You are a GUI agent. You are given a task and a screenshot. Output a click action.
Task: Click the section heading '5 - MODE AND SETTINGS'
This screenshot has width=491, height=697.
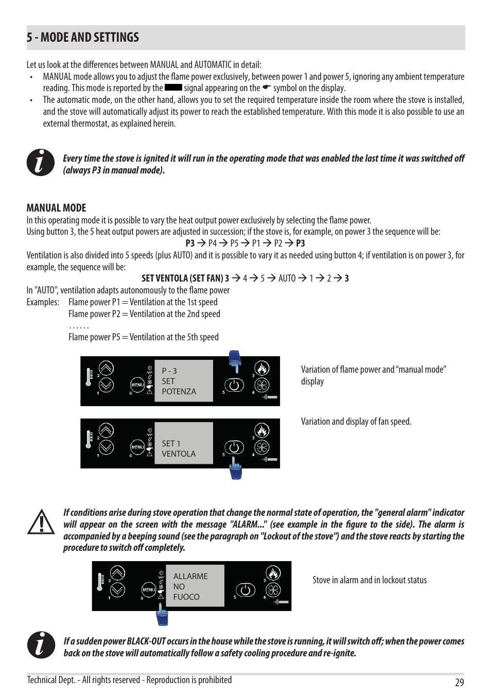83,38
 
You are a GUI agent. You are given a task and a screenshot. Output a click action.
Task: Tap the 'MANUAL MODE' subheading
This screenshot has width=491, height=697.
56,208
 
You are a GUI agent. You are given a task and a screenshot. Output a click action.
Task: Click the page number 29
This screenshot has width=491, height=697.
459,683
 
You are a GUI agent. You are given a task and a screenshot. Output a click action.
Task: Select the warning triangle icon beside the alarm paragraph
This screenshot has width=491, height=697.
41,522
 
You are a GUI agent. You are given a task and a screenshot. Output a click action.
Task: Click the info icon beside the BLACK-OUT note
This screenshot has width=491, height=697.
41,645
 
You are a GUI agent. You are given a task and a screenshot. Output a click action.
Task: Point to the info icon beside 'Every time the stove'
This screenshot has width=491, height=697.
41,163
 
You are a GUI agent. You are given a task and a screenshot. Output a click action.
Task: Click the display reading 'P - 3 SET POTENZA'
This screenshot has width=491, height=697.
183,381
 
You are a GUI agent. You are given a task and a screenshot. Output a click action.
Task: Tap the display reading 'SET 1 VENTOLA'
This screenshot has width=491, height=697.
183,443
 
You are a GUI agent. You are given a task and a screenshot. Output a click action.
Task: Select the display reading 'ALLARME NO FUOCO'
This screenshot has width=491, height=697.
195,586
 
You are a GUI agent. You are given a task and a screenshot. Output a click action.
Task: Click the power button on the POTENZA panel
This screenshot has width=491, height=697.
234,385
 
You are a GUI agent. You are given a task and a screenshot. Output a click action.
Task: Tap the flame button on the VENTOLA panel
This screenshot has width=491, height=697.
262,430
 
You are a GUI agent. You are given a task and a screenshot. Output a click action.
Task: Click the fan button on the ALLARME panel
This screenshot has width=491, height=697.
273,590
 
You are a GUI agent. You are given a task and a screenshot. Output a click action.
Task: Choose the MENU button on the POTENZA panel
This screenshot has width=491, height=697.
137,385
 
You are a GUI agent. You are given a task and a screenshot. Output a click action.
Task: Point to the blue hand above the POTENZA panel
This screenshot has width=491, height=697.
235,361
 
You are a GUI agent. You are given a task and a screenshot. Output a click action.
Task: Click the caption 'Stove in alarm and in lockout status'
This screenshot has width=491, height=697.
370,580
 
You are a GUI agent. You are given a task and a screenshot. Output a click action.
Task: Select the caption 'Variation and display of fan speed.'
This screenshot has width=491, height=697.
356,422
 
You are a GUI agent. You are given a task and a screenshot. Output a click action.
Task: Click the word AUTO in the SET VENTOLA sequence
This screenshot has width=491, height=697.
287,278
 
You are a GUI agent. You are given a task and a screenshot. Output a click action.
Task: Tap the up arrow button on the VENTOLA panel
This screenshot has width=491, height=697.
106,430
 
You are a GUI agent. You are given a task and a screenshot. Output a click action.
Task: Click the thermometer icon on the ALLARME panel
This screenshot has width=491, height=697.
100,582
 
